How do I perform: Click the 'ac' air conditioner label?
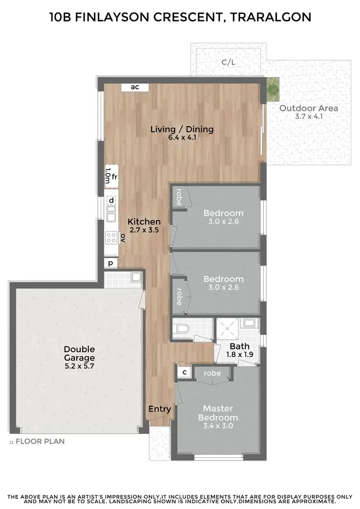135,87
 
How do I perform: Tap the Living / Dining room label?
182,129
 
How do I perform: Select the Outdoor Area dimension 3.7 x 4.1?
309,117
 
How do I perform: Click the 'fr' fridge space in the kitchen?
114,177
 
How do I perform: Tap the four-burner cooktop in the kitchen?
111,237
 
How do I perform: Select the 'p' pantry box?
110,263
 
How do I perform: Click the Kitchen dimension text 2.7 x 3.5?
144,230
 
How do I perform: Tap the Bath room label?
239,346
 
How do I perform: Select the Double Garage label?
79,354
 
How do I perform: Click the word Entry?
159,409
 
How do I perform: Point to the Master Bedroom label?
217,413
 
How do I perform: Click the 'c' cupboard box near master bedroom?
184,372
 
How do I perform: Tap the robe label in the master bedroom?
212,373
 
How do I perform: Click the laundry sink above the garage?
136,277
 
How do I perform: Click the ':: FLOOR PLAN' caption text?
37,441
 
